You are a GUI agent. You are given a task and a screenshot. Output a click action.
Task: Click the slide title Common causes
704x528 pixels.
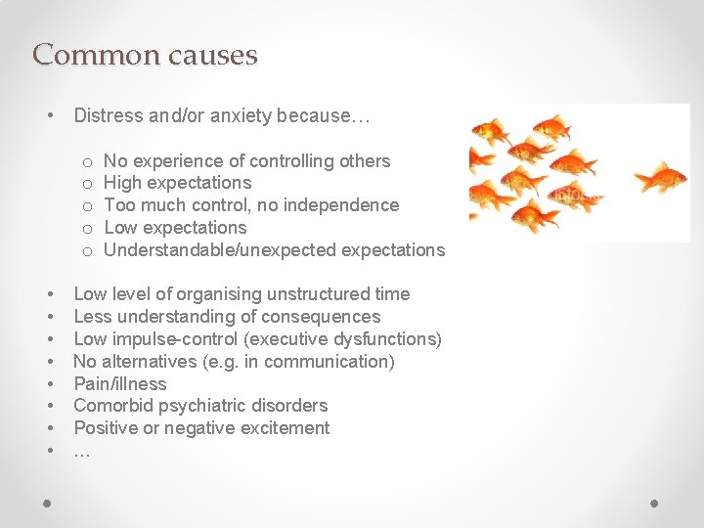pos(145,55)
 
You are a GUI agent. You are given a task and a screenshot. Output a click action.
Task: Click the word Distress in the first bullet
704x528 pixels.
pos(108,116)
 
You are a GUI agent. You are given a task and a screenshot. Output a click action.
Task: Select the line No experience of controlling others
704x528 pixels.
pos(246,161)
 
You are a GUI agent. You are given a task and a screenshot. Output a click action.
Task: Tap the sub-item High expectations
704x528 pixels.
pos(177,183)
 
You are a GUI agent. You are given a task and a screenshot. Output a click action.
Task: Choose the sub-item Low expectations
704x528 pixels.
pos(175,228)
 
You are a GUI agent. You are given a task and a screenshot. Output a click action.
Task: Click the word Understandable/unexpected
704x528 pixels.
pos(219,250)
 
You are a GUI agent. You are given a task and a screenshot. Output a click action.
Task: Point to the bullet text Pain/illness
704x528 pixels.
pos(120,384)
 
